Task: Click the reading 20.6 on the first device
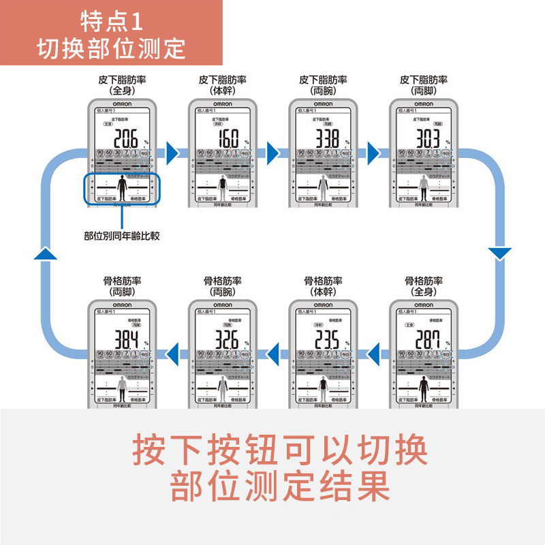(125, 138)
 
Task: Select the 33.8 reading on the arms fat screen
(325, 138)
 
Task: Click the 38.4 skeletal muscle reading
(125, 339)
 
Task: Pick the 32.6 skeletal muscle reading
(225, 339)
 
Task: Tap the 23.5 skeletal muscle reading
(325, 339)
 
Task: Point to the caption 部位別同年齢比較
(121, 236)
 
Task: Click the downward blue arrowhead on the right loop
(500, 253)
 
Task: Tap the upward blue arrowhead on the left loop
(44, 253)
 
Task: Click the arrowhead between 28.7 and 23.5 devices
(374, 352)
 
